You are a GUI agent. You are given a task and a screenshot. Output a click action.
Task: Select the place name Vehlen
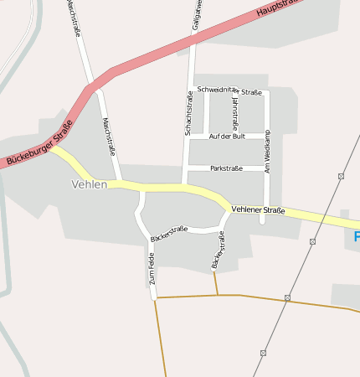(x=90, y=184)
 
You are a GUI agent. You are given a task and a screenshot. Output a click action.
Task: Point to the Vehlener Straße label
(x=259, y=209)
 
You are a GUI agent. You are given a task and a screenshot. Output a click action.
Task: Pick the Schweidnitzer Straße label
(x=229, y=91)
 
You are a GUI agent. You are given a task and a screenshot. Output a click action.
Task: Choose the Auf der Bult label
(x=227, y=136)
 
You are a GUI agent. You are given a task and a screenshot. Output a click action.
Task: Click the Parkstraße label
(x=226, y=168)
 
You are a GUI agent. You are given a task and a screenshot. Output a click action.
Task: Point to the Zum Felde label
(x=152, y=270)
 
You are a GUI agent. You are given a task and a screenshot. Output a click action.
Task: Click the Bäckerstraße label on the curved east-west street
(x=169, y=234)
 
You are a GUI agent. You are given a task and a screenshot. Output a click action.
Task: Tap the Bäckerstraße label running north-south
(x=219, y=250)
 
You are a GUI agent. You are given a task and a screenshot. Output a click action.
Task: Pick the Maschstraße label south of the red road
(x=108, y=136)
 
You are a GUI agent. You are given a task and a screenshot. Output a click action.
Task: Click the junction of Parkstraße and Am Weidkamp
(x=266, y=168)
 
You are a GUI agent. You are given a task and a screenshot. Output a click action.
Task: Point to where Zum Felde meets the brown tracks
(x=155, y=298)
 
